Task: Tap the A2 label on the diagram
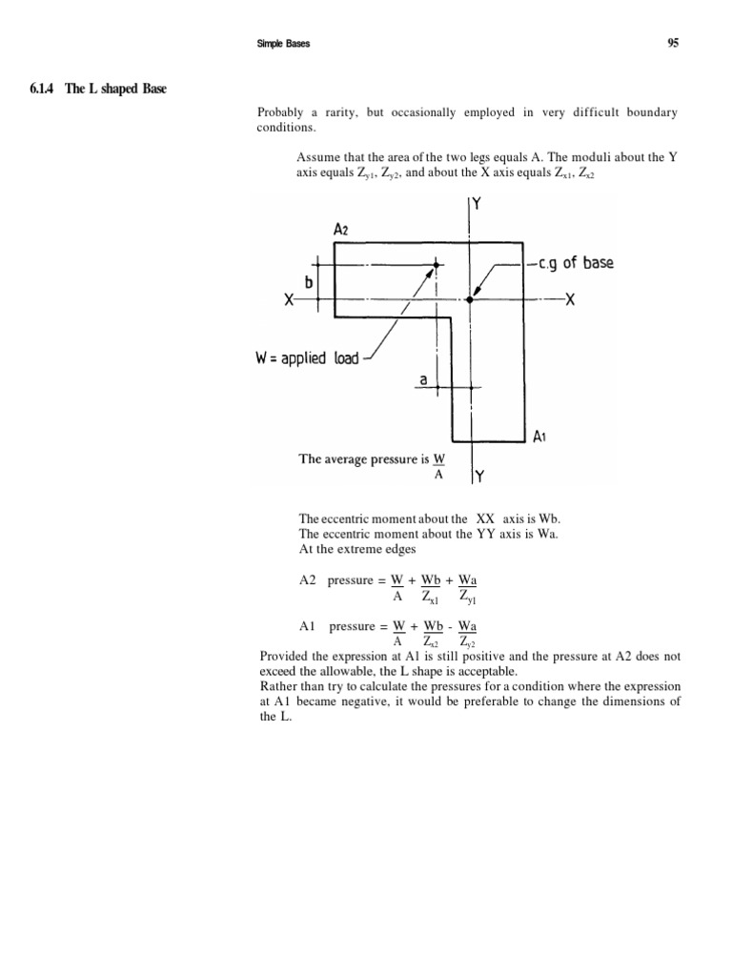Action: (x=341, y=230)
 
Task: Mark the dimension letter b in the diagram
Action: (x=309, y=283)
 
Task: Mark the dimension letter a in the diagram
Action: (x=423, y=379)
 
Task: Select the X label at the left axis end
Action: (x=288, y=299)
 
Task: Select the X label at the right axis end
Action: (x=570, y=299)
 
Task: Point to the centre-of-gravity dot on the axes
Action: (x=469, y=299)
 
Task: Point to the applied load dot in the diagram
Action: (x=437, y=265)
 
